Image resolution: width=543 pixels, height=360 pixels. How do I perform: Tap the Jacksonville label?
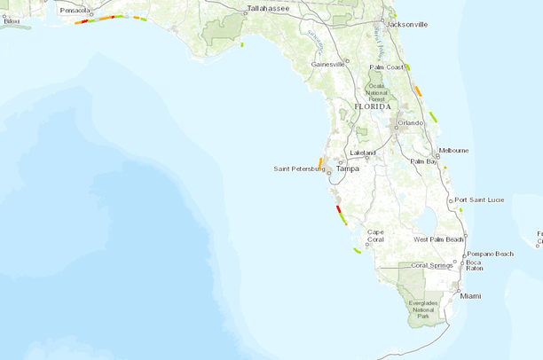tap(407, 24)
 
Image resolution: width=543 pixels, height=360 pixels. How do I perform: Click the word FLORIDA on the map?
tap(372, 106)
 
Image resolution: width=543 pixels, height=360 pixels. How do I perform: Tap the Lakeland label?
tap(363, 153)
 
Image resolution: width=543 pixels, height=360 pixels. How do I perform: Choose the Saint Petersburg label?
tap(299, 168)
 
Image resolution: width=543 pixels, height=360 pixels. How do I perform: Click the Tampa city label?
tap(347, 168)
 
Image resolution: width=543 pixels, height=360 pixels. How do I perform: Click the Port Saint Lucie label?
tap(480, 200)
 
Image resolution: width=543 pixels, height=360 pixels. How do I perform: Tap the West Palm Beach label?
tap(439, 239)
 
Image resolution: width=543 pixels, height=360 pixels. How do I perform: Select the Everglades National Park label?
tap(423, 309)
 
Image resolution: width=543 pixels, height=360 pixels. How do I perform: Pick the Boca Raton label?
tap(473, 266)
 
